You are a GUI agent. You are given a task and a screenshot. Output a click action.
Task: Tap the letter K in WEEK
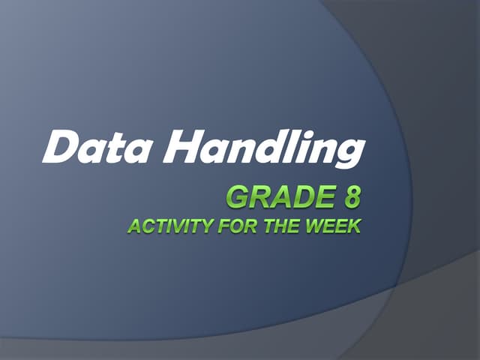(354, 225)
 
